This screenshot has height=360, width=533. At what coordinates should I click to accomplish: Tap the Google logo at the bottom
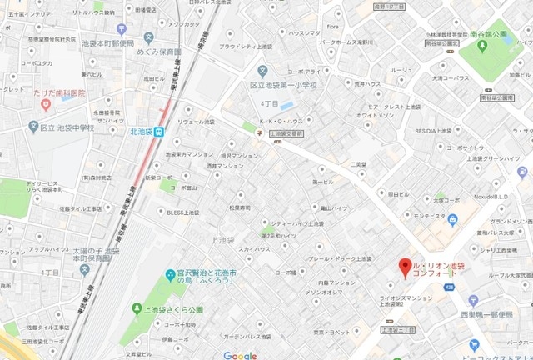(x=240, y=356)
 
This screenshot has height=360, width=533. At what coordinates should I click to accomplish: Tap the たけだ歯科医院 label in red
(x=57, y=93)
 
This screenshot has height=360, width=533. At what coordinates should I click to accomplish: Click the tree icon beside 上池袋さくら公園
(x=137, y=309)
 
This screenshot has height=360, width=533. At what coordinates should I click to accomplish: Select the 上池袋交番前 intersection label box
(x=286, y=133)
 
